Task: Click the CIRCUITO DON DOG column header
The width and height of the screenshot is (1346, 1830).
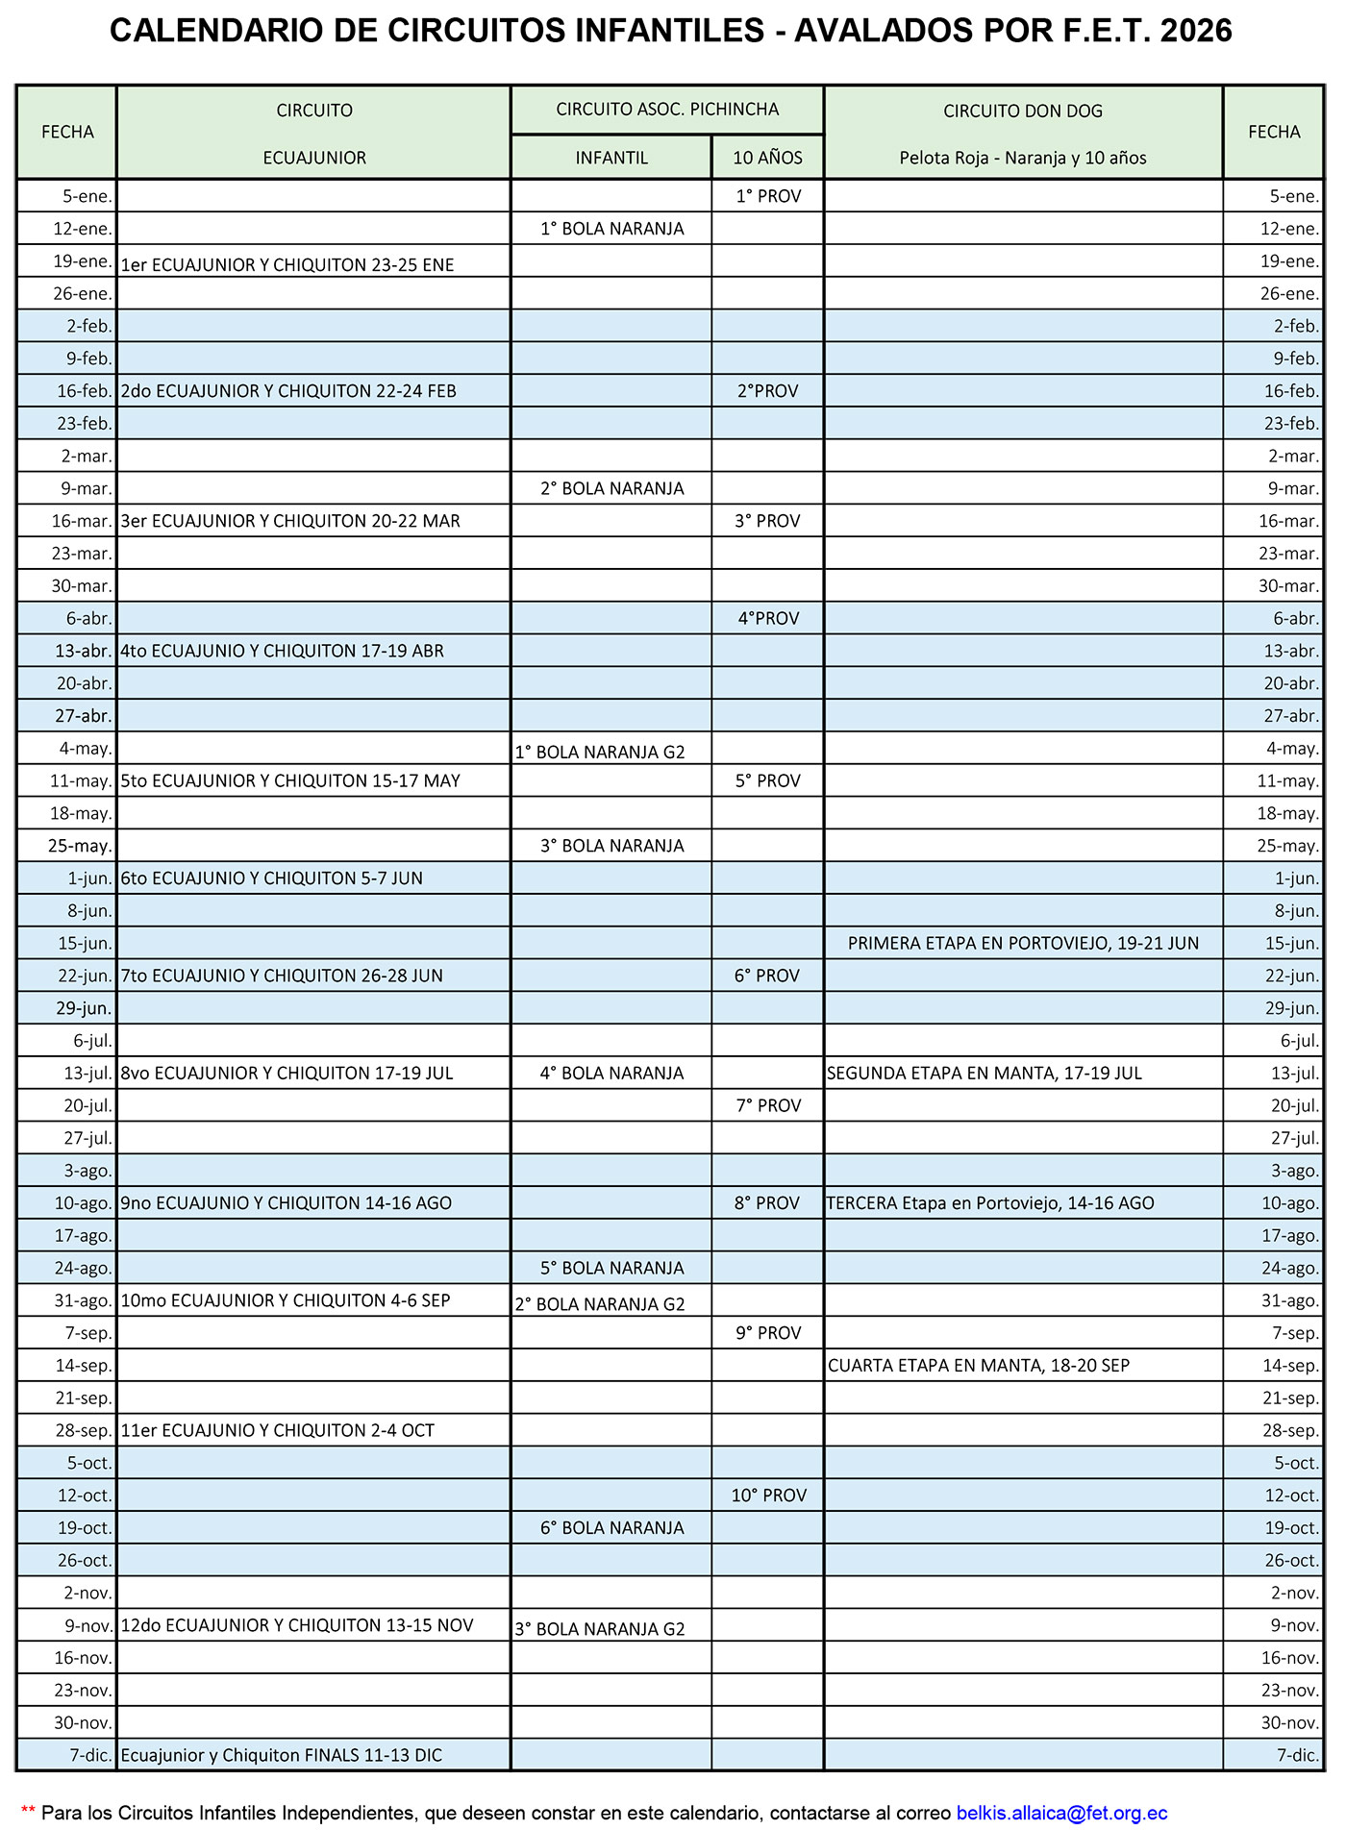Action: pyautogui.click(x=1023, y=111)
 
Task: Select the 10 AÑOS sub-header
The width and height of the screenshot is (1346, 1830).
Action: pyautogui.click(x=767, y=158)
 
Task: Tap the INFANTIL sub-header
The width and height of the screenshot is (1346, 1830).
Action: pyautogui.click(x=611, y=158)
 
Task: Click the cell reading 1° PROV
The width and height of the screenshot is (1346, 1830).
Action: pyautogui.click(x=767, y=196)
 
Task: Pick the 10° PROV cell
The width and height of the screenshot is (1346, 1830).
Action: pyautogui.click(x=768, y=1496)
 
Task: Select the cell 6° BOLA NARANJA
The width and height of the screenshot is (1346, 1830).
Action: pyautogui.click(x=611, y=1528)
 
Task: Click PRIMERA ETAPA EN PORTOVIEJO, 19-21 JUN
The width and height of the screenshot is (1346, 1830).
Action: pyautogui.click(x=1023, y=943)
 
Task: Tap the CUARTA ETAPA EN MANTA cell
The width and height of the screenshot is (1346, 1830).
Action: pyautogui.click(x=979, y=1366)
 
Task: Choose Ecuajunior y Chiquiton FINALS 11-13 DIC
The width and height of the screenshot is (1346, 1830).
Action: pyautogui.click(x=281, y=1755)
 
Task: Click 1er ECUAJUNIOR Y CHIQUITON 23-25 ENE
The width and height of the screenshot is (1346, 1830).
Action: pyautogui.click(x=287, y=264)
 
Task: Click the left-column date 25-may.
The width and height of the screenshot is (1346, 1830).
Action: pyautogui.click(x=81, y=846)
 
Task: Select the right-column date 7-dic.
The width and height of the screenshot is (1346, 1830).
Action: pyautogui.click(x=1297, y=1755)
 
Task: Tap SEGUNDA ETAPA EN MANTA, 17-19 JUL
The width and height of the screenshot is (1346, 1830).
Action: pyautogui.click(x=985, y=1073)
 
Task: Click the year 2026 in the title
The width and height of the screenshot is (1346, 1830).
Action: pyautogui.click(x=1196, y=32)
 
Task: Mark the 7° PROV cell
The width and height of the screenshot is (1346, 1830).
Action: pyautogui.click(x=768, y=1105)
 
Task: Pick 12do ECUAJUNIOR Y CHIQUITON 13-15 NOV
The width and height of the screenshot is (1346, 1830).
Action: pyautogui.click(x=296, y=1625)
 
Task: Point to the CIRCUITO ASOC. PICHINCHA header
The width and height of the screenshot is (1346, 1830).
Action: pyautogui.click(x=667, y=110)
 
